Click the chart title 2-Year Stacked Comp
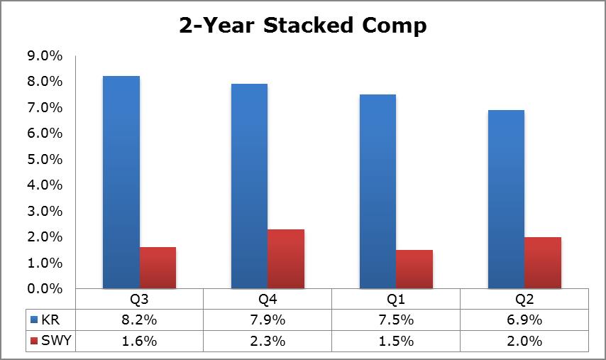(x=303, y=26)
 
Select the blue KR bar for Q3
(x=121, y=182)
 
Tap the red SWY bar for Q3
(x=158, y=268)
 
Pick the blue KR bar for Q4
(x=249, y=186)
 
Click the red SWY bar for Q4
(x=286, y=258)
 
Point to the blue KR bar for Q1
(x=378, y=192)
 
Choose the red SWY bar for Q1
(x=414, y=269)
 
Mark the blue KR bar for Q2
(x=506, y=199)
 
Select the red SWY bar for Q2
(x=543, y=263)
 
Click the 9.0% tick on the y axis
(x=45, y=55)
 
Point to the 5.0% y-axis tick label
(x=45, y=159)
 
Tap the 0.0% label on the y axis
(x=45, y=288)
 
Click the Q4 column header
(x=268, y=299)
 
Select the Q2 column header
(x=524, y=299)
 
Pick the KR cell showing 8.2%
(x=139, y=320)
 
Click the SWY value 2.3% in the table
(x=268, y=341)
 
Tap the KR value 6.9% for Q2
(x=524, y=320)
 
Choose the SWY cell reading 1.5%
(x=396, y=341)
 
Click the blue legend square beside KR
(x=34, y=320)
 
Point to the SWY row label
(x=56, y=340)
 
